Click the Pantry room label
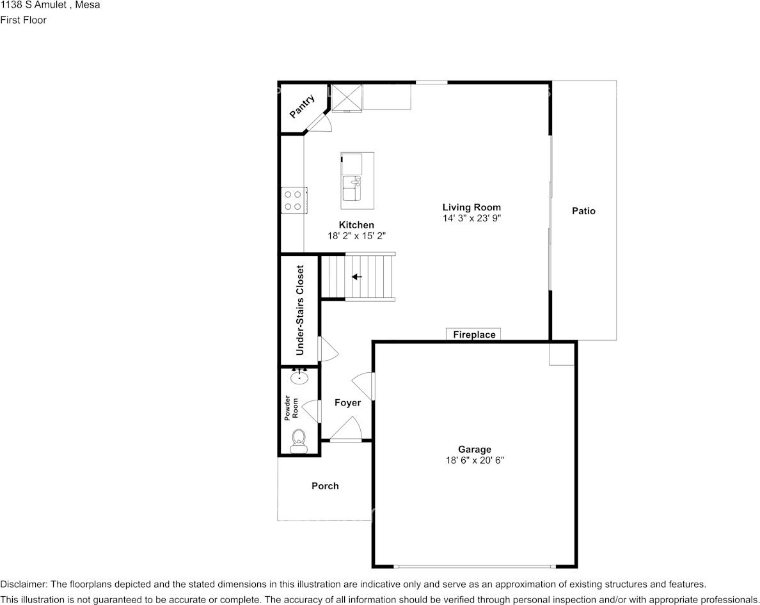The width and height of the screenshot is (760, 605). [x=302, y=107]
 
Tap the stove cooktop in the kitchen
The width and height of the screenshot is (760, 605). [x=293, y=201]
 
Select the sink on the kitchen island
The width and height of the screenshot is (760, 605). [x=352, y=188]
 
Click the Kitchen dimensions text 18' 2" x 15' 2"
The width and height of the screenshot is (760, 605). [x=356, y=236]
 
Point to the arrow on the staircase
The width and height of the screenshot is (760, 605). [x=357, y=277]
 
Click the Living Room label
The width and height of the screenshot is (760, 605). [x=471, y=207]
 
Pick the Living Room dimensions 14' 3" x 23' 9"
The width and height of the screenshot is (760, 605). [x=471, y=218]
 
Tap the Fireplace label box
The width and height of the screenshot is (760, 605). [x=473, y=334]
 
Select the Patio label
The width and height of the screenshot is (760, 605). [x=583, y=210]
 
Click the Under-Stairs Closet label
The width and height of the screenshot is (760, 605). [x=300, y=310]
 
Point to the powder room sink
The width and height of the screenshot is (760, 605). [x=299, y=377]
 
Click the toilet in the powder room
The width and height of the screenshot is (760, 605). [x=299, y=441]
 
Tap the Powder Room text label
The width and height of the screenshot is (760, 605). [x=291, y=408]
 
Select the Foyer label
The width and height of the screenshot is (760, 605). [x=347, y=402]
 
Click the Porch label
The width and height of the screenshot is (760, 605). [x=325, y=486]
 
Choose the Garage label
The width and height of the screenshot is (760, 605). [x=475, y=449]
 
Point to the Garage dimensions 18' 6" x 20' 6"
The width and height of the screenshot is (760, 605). [x=475, y=460]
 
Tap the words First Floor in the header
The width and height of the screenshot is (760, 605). [x=23, y=20]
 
